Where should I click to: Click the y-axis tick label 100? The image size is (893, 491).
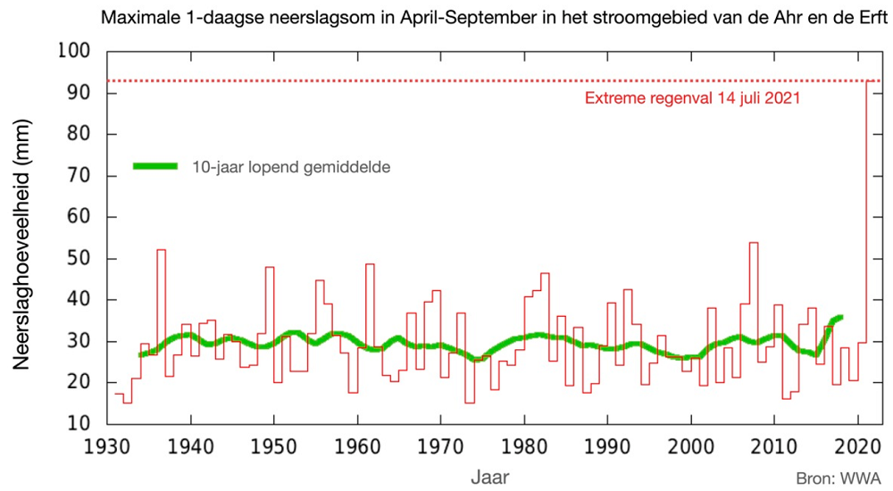pyautogui.click(x=74, y=51)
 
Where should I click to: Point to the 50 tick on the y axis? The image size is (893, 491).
pyautogui.click(x=79, y=259)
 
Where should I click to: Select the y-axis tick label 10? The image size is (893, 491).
pyautogui.click(x=79, y=424)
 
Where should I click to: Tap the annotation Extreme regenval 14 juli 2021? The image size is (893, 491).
pyautogui.click(x=691, y=98)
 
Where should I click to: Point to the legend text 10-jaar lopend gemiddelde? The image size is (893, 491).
pyautogui.click(x=291, y=167)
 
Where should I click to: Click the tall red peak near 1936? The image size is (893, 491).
pyautogui.click(x=162, y=250)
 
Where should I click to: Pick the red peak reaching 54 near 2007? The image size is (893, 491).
pyautogui.click(x=754, y=243)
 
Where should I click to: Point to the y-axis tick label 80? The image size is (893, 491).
pyautogui.click(x=79, y=135)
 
